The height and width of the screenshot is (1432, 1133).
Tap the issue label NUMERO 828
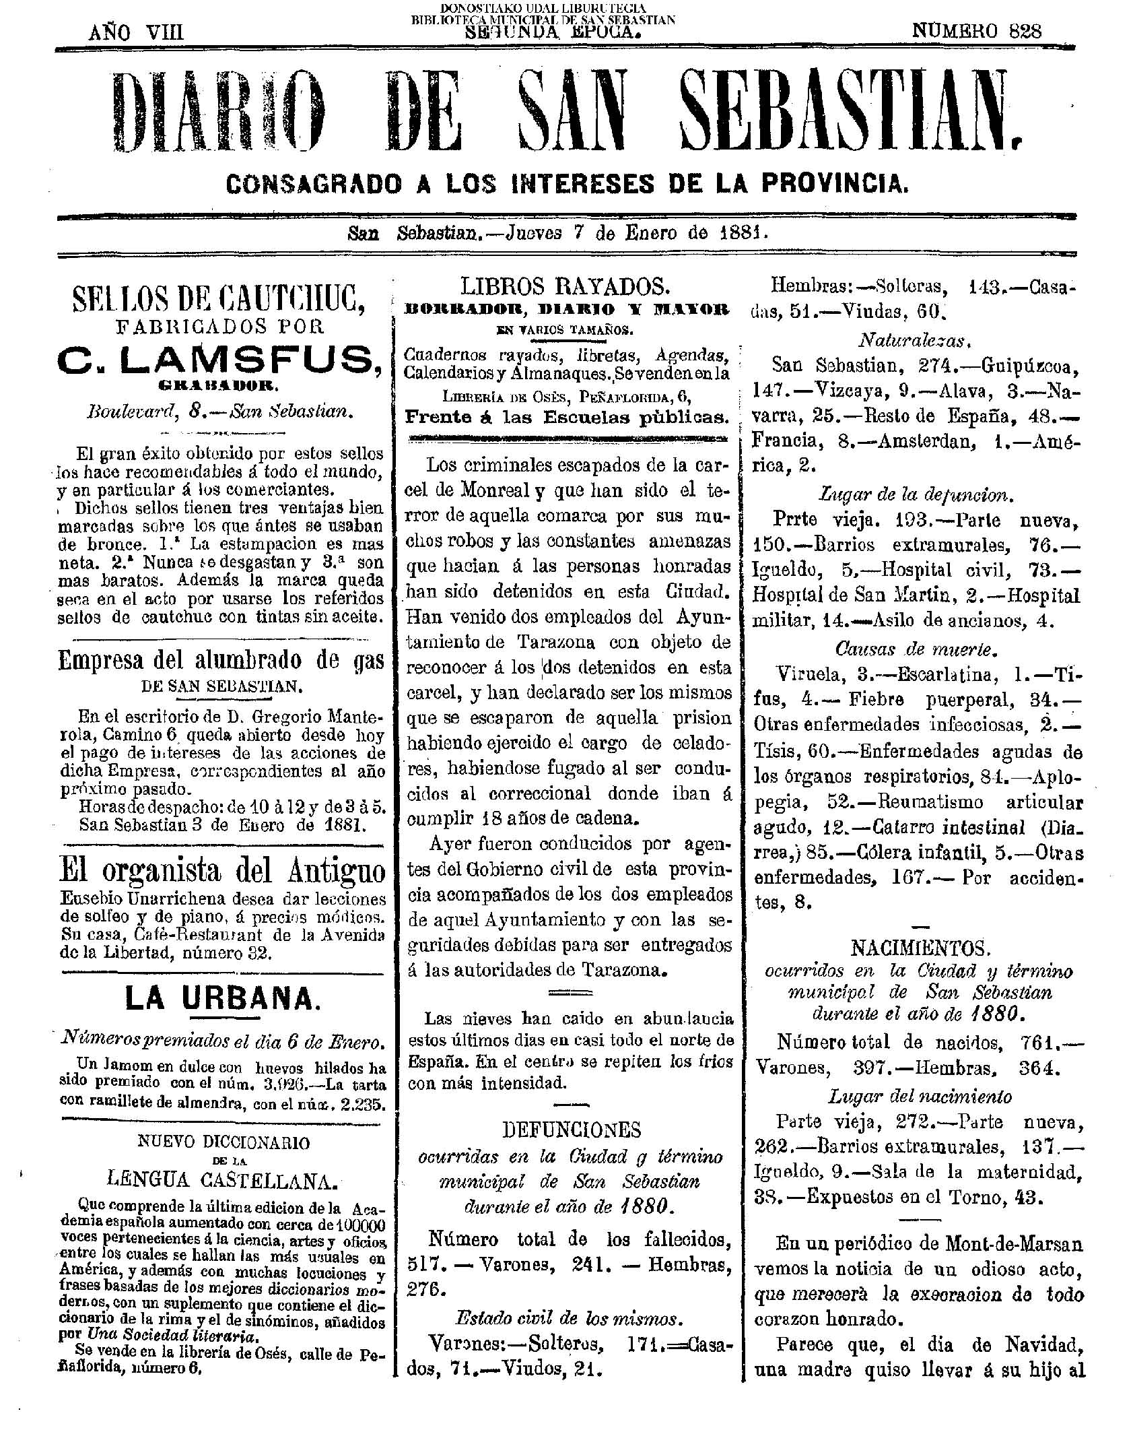pos(976,31)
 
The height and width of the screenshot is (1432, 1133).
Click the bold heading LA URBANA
pos(220,998)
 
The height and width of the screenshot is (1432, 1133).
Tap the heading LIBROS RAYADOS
pos(565,288)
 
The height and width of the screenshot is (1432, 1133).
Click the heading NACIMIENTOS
pos(920,948)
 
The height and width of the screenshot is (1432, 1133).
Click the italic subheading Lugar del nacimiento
pos(920,1097)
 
